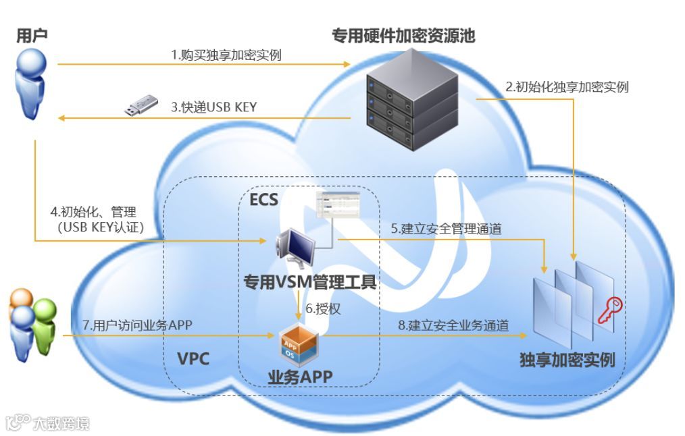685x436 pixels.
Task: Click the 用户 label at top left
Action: pos(32,35)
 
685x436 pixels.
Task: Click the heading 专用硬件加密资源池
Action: pos(403,35)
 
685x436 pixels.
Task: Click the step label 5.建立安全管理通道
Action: pos(445,229)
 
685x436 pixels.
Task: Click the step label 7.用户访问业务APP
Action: pos(137,325)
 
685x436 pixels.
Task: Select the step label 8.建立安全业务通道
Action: pos(453,325)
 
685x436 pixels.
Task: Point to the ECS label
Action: pos(263,200)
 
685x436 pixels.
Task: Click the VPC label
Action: pos(193,358)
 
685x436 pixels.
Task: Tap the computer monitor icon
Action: pos(295,246)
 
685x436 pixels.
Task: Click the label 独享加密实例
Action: pos(567,359)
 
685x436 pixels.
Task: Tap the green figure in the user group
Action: pos(45,327)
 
